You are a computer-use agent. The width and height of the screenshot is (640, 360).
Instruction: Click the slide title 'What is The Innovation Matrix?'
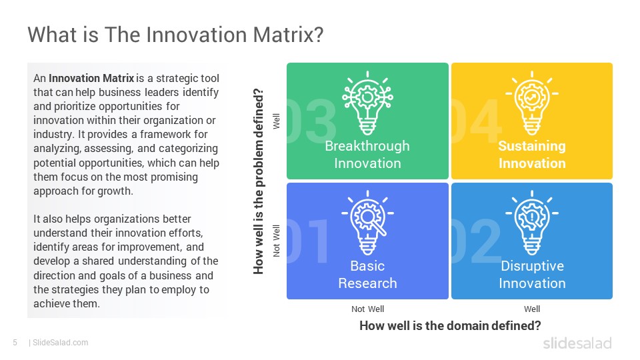[x=175, y=34]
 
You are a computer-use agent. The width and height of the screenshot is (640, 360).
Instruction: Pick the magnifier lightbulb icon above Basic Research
[x=367, y=223]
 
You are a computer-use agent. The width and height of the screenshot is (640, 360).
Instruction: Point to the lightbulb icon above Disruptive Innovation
[x=532, y=223]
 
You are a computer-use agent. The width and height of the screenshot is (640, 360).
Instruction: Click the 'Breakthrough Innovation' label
[x=367, y=154]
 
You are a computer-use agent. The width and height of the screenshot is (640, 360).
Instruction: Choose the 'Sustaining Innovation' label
[x=532, y=154]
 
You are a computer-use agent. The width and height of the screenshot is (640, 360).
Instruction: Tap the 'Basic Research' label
[x=367, y=274]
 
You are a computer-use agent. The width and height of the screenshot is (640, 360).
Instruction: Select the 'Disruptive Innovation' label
[x=532, y=274]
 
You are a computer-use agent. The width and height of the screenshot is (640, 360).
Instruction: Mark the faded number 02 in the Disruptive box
[x=476, y=241]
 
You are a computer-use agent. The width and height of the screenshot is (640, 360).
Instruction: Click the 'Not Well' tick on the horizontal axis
[x=367, y=309]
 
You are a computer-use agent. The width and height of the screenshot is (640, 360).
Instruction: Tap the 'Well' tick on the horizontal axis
[x=532, y=309]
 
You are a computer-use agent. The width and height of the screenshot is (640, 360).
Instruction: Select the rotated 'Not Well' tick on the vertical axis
[x=276, y=241]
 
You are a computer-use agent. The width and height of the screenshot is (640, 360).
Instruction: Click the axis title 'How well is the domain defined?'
[x=450, y=326]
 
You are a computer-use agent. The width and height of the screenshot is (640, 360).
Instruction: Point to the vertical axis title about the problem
[x=259, y=181]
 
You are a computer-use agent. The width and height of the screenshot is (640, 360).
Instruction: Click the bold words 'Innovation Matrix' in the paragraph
[x=91, y=78]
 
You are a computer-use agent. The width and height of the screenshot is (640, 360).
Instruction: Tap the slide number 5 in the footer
[x=15, y=343]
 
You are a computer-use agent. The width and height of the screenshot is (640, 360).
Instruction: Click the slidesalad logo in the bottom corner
[x=577, y=343]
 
